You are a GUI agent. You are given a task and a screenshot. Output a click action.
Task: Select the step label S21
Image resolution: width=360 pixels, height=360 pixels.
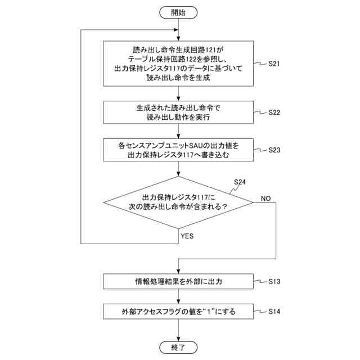click(x=274, y=64)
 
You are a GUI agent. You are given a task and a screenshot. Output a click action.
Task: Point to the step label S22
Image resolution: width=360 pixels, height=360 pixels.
click(x=274, y=112)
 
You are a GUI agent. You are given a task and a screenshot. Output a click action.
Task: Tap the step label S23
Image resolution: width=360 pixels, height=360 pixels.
click(x=274, y=150)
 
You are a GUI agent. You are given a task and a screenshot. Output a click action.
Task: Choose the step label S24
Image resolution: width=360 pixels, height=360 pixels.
click(x=239, y=182)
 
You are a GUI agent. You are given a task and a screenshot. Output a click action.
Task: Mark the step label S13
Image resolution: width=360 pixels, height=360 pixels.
click(x=274, y=280)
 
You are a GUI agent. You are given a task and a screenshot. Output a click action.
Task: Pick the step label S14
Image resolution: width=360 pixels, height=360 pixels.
click(x=274, y=310)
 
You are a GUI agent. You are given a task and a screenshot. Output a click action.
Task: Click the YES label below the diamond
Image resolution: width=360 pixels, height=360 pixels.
click(x=187, y=236)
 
